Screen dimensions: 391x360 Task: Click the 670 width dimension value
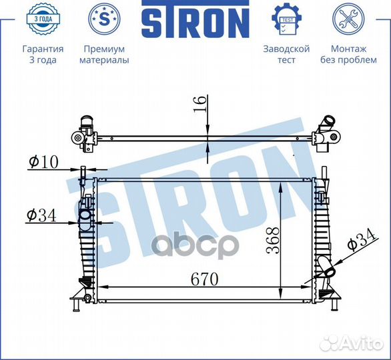[x=204, y=279]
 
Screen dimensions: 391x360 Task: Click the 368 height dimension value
[x=273, y=240]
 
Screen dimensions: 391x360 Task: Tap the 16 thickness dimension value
[x=200, y=104]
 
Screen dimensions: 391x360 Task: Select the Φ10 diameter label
[x=43, y=161]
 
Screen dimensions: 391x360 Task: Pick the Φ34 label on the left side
[x=41, y=215]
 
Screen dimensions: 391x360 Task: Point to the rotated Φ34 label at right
[x=362, y=240]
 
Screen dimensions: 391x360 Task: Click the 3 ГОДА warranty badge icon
[x=43, y=19]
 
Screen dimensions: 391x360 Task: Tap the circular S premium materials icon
[x=104, y=19]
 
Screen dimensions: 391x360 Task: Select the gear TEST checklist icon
[x=286, y=19]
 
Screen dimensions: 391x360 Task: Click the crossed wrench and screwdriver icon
[x=348, y=19]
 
